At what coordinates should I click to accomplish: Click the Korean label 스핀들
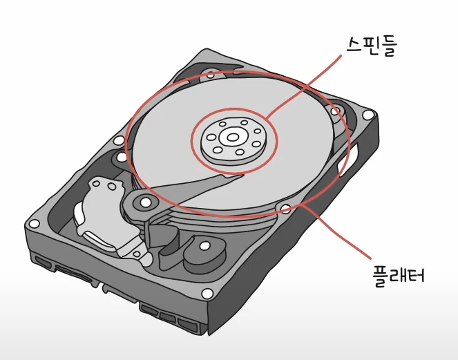click(x=372, y=46)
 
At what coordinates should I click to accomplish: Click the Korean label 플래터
click(x=397, y=275)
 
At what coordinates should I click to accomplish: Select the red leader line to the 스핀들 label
click(x=304, y=86)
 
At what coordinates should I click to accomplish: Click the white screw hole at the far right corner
click(x=368, y=115)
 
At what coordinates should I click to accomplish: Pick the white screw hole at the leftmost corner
click(x=32, y=224)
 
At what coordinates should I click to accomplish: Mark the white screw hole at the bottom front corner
click(x=206, y=294)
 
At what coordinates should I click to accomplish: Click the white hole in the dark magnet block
click(x=204, y=245)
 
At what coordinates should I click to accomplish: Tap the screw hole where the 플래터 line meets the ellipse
click(x=285, y=207)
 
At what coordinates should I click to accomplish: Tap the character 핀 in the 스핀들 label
click(x=372, y=46)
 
